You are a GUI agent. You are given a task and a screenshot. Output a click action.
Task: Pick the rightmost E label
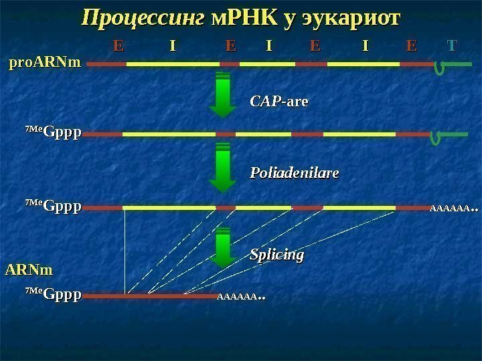pyautogui.click(x=411, y=46)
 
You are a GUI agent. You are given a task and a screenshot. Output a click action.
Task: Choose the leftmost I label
pyautogui.click(x=173, y=46)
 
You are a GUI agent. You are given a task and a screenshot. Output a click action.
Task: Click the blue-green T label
pyautogui.click(x=452, y=46)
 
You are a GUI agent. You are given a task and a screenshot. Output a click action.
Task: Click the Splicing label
pyautogui.click(x=277, y=255)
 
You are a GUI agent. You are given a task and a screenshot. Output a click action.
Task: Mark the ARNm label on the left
pyautogui.click(x=29, y=270)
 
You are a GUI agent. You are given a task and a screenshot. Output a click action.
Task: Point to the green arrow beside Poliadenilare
pyautogui.click(x=224, y=170)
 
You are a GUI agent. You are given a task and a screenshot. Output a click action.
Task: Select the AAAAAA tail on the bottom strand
pyautogui.click(x=240, y=294)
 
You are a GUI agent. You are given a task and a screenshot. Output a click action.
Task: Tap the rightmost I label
pyautogui.click(x=365, y=46)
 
